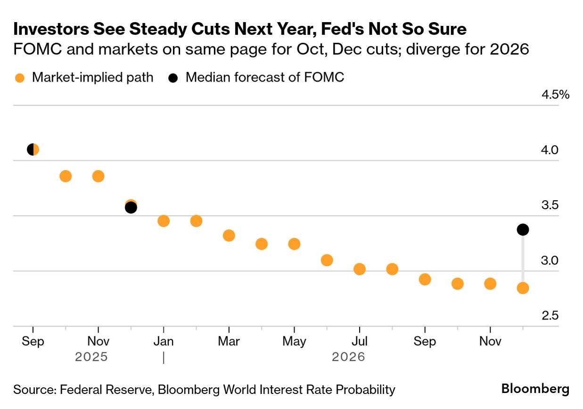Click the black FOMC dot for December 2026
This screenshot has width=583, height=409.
pos(523,229)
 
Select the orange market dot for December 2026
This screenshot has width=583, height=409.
pos(523,288)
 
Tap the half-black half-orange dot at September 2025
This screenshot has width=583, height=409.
pos(33,150)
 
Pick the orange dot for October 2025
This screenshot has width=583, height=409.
pos(66,176)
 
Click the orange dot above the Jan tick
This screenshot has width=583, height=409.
pos(164,221)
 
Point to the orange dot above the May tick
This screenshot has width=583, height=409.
pos(294,244)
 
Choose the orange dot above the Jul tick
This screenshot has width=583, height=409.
pos(360,269)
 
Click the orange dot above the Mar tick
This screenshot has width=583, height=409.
pos(229,236)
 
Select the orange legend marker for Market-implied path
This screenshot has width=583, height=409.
pos(20,78)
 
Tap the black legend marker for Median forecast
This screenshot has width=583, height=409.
pos(173,78)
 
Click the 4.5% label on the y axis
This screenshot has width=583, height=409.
pos(556,95)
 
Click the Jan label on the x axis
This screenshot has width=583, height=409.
pos(164,341)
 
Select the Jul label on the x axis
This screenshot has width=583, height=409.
pos(360,341)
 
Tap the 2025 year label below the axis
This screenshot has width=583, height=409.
pos(91,357)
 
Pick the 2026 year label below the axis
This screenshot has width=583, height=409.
pos(348,357)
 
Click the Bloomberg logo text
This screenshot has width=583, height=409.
pos(535,389)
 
